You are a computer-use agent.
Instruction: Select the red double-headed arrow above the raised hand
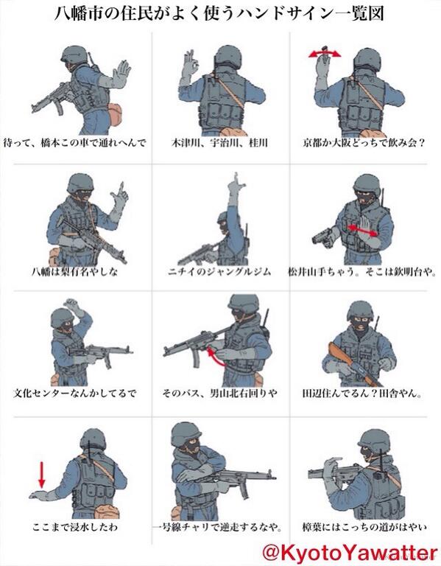tap(325, 54)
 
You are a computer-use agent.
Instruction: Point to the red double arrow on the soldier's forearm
tap(363, 230)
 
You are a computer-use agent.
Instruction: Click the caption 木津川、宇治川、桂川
tap(219, 143)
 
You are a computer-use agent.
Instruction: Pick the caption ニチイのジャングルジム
tap(219, 271)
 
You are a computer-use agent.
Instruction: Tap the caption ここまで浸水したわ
tap(75, 527)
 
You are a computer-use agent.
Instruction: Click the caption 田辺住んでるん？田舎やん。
tap(362, 393)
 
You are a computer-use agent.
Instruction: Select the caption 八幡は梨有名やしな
tap(75, 271)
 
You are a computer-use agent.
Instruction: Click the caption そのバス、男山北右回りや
tap(219, 393)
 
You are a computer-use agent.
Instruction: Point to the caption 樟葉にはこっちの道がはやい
tap(364, 527)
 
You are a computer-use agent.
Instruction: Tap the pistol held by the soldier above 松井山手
tap(322, 236)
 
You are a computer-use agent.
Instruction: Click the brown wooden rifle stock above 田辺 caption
tap(338, 354)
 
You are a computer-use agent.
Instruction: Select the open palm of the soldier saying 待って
tap(121, 73)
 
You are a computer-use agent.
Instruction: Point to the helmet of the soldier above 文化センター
tap(62, 317)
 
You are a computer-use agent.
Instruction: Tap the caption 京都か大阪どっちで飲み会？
tap(364, 143)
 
